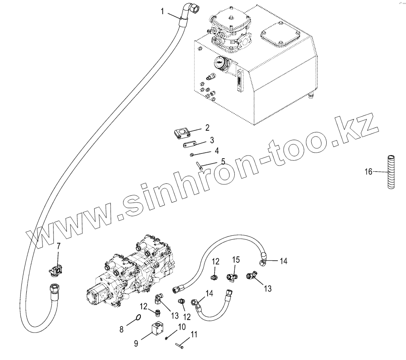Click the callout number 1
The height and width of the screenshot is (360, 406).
point(162,11)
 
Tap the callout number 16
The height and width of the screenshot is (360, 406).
point(368,172)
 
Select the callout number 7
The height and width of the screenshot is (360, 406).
point(58,246)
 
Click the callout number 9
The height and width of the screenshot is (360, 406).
point(136,343)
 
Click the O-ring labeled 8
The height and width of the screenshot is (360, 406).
point(138,317)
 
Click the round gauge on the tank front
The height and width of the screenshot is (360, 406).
point(220,63)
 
